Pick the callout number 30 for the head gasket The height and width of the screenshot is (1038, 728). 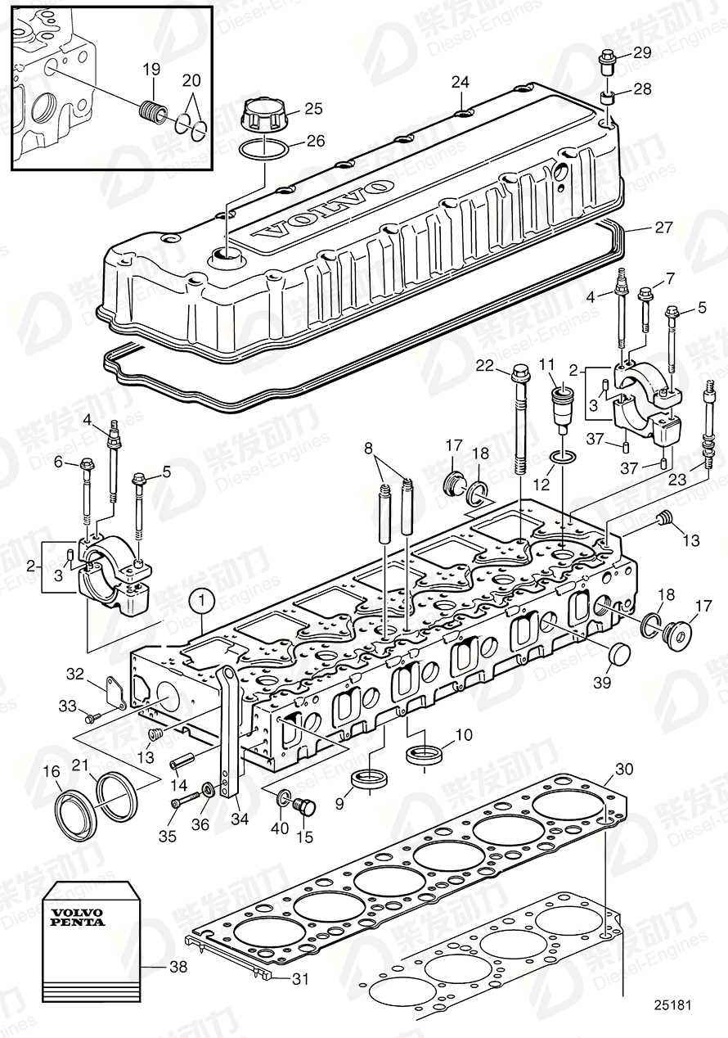point(624,769)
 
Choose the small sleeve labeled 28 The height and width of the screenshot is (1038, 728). point(608,98)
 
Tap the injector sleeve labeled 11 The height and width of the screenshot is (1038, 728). point(564,404)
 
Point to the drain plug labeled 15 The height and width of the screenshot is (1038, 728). point(307,806)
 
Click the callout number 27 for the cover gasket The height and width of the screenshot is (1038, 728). point(664,227)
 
